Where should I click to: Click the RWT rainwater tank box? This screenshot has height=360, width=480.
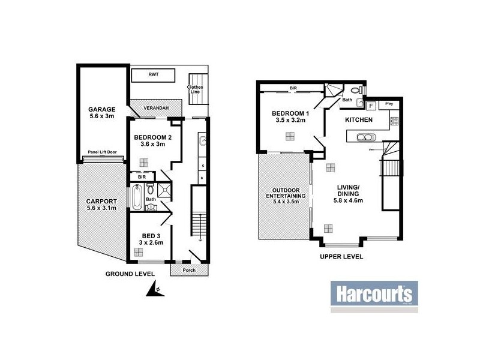tap(153, 76)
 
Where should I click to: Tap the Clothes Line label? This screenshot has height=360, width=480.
tap(195, 89)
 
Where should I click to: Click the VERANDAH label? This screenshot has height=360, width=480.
tap(155, 107)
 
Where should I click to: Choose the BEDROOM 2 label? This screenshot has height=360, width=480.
tap(153, 140)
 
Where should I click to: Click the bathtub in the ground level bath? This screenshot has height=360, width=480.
tap(136, 197)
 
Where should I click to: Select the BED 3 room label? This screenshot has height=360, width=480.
tap(151, 238)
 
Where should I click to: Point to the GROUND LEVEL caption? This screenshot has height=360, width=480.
tap(130, 274)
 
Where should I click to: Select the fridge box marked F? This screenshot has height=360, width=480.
tap(370, 106)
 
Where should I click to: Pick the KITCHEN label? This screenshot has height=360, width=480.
tap(359, 121)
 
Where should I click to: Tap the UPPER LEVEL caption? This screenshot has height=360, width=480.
tap(342, 256)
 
